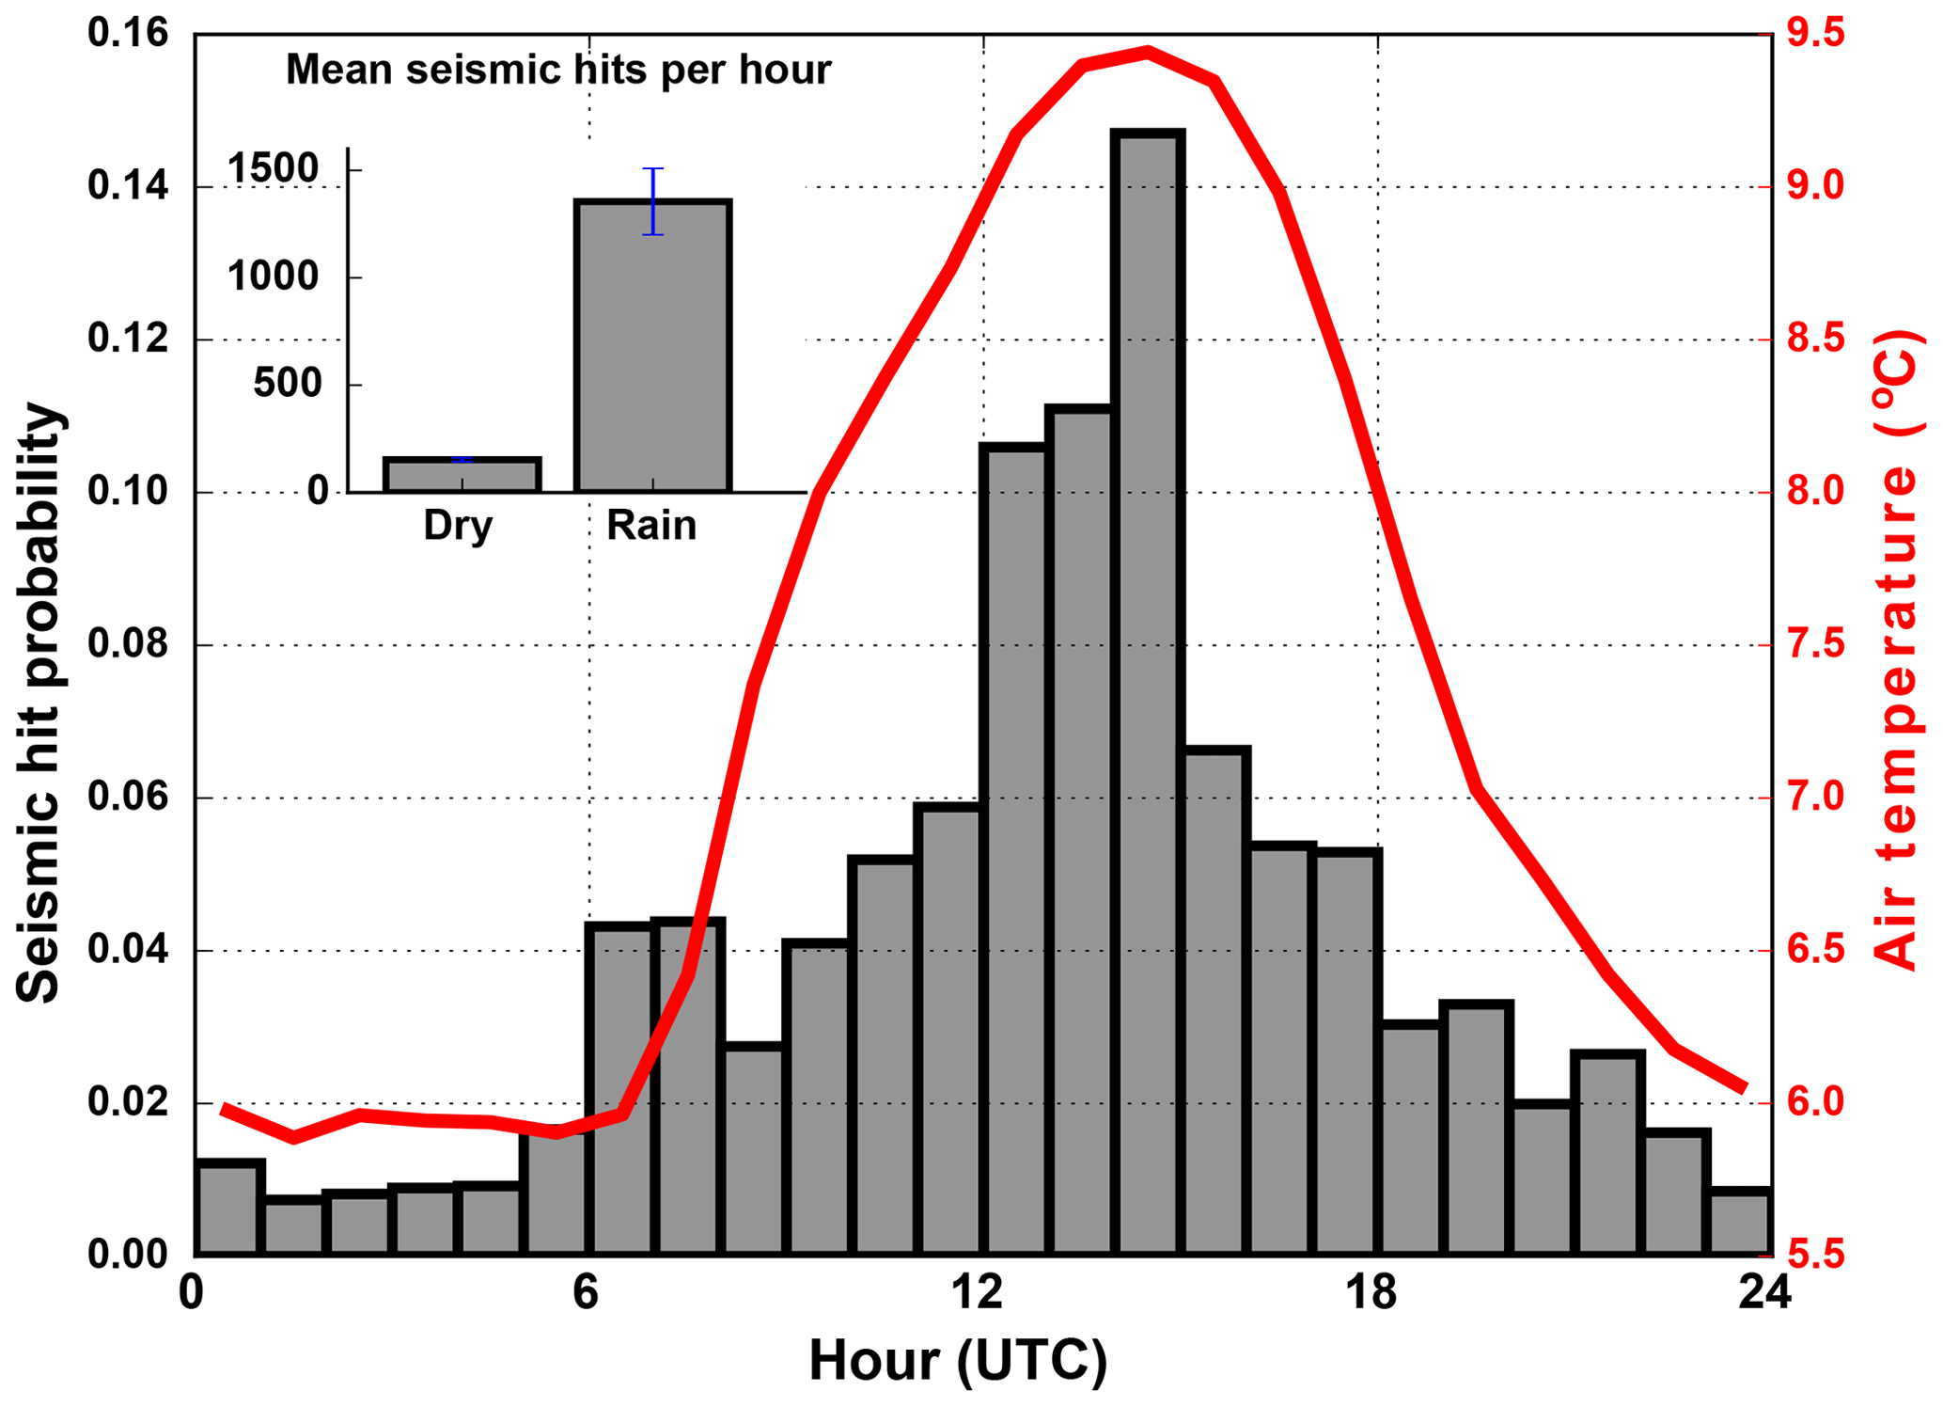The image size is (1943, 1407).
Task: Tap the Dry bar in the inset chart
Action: pos(462,475)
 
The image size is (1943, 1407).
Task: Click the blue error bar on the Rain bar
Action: pos(653,200)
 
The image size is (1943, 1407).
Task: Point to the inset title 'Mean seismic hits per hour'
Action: pos(558,70)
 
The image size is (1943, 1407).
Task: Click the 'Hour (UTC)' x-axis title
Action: pos(958,1360)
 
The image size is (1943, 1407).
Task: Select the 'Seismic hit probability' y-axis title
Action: pos(39,703)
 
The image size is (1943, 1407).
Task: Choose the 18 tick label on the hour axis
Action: pos(1372,1294)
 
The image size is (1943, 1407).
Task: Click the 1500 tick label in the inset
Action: pos(274,169)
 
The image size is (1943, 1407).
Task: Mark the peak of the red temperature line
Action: pos(1148,52)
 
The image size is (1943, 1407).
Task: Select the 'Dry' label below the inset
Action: pos(458,525)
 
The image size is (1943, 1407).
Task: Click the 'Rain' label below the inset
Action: pos(651,525)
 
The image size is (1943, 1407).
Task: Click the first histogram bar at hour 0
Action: pos(228,1208)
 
